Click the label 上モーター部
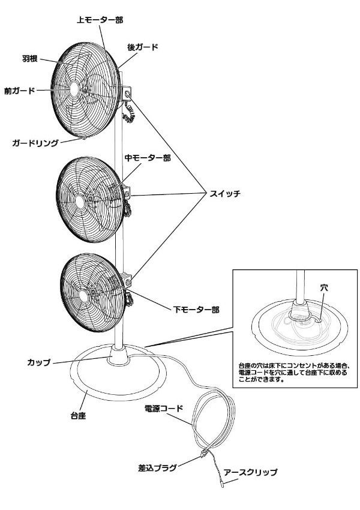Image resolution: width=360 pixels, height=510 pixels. [100, 20]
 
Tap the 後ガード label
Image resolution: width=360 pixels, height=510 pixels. [142, 47]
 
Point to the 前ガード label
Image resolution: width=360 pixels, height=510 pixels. [20, 91]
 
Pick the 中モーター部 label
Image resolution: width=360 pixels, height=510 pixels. [147, 158]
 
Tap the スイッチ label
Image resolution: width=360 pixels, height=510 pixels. [226, 193]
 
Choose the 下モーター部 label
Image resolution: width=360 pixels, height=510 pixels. [196, 310]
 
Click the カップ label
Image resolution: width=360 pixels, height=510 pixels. [39, 362]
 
